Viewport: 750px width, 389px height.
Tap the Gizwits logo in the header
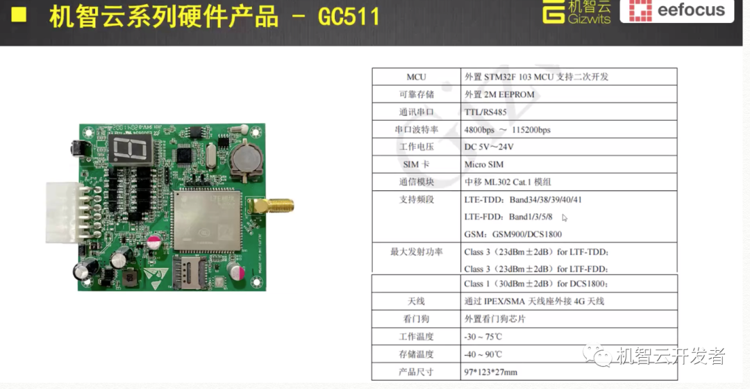tap(578, 11)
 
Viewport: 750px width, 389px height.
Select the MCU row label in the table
tap(417, 77)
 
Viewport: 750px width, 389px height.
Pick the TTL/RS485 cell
tap(485, 112)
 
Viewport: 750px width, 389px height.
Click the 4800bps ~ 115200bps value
tap(507, 130)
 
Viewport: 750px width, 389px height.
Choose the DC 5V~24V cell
tap(489, 147)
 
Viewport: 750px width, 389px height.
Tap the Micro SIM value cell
tap(484, 165)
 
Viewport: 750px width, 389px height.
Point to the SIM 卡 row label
tap(417, 165)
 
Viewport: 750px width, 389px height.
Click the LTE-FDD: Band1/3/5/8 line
tap(508, 217)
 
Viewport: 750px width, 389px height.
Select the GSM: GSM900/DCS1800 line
tap(512, 234)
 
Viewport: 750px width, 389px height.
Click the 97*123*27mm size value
tap(490, 372)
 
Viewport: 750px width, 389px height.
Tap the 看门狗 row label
tap(417, 319)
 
